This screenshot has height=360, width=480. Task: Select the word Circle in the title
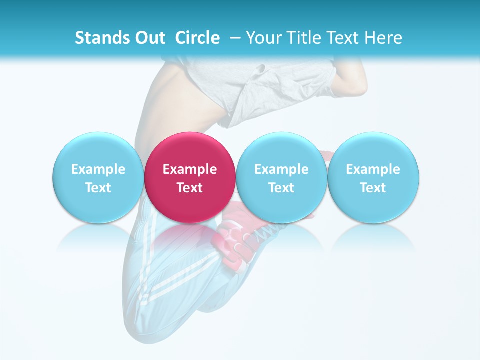197,38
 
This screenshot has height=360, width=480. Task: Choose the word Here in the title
383,38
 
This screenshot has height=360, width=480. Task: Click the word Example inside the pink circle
190,169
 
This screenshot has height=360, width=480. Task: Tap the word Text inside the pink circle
190,188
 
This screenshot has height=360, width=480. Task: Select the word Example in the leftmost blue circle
98,169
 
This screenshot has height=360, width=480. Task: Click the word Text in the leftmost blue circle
98,188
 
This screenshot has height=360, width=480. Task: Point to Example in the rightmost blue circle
373,169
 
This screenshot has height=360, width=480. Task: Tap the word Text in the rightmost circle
373,188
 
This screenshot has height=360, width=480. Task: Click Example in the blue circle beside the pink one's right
281,169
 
